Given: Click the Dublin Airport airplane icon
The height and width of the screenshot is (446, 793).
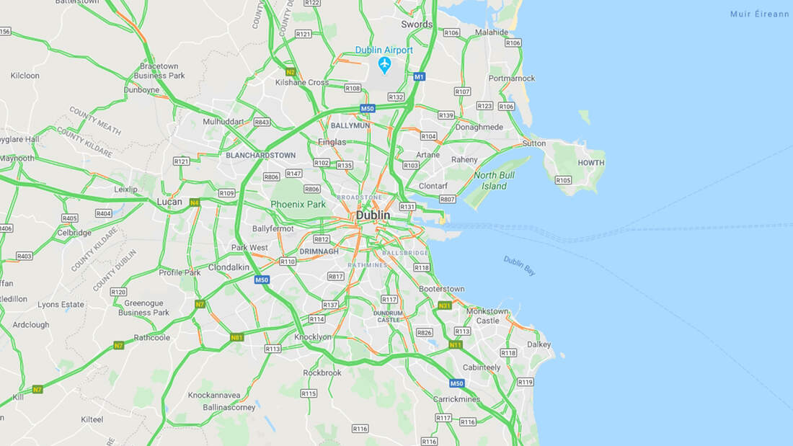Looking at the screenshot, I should coord(384,65).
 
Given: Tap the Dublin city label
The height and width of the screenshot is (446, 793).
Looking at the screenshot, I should coord(373,215).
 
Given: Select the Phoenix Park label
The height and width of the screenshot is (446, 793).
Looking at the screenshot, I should coord(298,205).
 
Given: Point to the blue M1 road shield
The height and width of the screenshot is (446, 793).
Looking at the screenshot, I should coord(420,76).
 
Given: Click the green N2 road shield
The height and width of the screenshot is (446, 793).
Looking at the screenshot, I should coord(291,72).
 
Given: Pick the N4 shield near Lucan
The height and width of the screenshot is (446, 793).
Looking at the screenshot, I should coord(195,203).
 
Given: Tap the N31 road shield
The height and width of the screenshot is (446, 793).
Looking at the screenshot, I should coord(445,305).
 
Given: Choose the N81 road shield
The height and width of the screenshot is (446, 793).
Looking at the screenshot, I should coord(236,337).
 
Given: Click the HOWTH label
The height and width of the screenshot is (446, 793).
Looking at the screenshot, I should coord(591,163).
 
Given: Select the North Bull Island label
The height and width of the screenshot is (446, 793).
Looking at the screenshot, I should coord(494,181).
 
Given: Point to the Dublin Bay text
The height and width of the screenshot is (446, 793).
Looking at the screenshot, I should coord(520,266).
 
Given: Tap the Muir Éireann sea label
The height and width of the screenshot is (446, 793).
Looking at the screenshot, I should coord(760,14).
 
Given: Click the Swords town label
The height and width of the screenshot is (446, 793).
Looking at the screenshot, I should coord(417,24).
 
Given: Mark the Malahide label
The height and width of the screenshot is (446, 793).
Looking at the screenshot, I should coord(492,32).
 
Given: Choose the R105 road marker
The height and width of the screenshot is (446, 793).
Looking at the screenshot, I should coord(564,180).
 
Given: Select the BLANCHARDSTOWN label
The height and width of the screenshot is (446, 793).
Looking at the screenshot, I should coord(260,155).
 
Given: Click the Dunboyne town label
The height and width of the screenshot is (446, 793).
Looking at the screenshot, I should coord(141,90).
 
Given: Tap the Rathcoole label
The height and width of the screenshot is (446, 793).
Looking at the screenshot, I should coord(152,337).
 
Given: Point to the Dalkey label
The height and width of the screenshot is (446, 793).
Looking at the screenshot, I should coord(539,344).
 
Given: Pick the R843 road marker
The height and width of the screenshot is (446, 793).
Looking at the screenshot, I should coord(262,122).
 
